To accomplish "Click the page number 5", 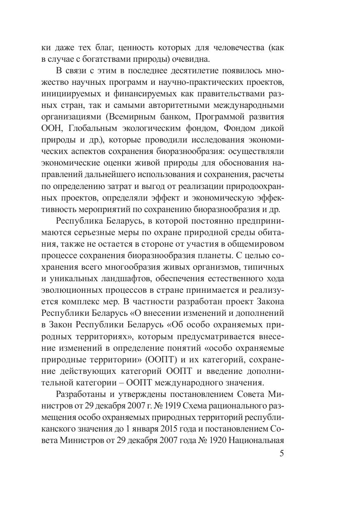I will tap(281, 454).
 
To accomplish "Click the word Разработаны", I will tap(81, 394).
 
